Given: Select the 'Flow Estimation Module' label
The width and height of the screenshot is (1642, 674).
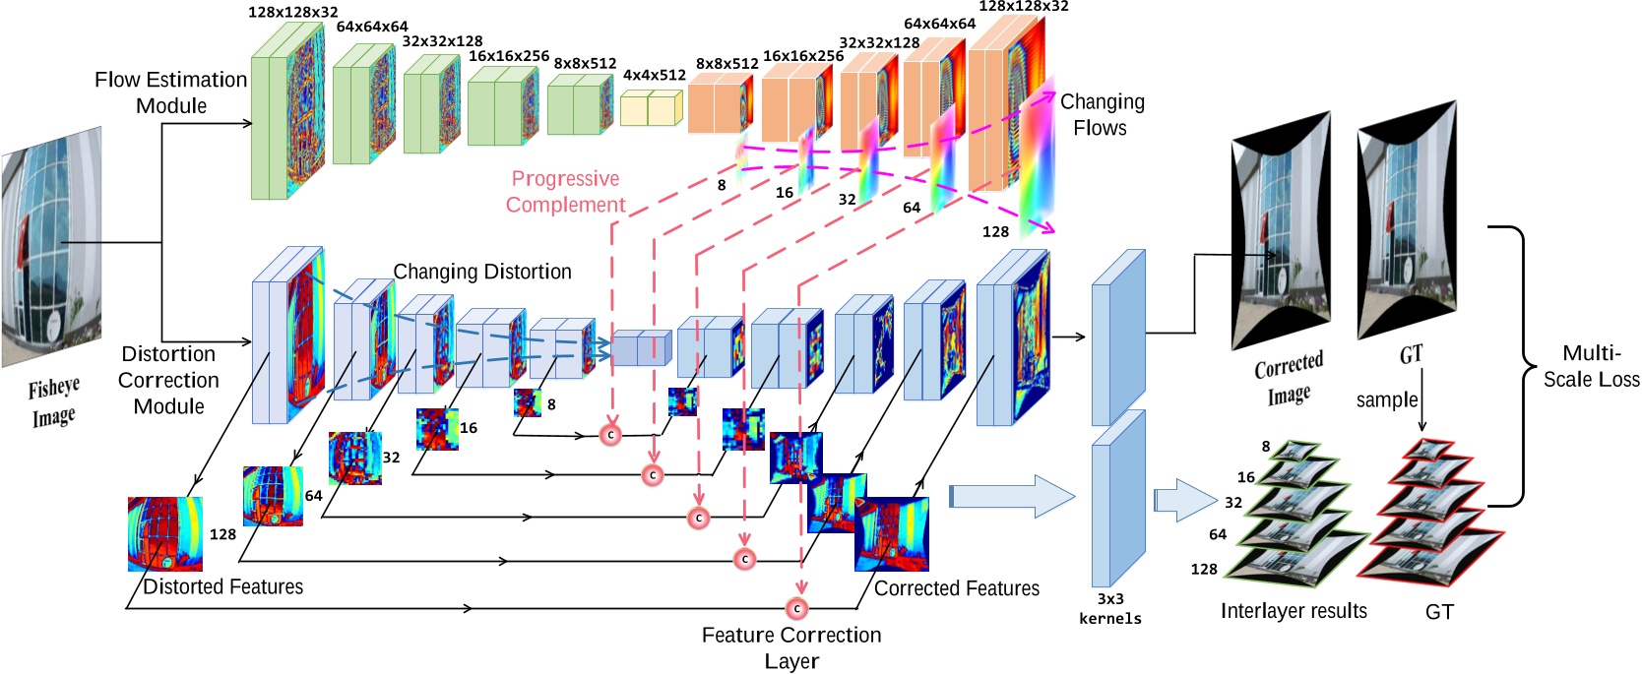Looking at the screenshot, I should (170, 92).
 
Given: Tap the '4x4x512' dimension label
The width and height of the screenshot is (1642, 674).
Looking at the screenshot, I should (654, 75).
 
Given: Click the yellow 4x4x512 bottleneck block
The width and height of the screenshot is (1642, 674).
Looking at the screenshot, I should (651, 108).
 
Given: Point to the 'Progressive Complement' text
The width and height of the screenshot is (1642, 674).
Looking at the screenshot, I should (565, 192).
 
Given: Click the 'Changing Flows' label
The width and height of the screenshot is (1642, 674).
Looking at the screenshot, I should (1102, 114).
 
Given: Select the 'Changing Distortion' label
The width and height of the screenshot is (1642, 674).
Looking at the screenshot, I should (482, 272).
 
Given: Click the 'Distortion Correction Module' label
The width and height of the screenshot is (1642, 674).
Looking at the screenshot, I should (168, 380).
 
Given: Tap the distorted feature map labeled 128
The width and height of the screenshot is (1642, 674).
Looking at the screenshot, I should (164, 534).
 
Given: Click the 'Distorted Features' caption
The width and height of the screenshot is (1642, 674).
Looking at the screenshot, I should (222, 586).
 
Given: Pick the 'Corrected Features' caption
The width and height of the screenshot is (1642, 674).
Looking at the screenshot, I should (956, 588).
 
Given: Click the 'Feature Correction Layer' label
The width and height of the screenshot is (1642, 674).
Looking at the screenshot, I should (791, 647).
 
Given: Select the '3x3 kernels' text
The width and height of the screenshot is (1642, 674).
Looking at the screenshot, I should (1109, 608).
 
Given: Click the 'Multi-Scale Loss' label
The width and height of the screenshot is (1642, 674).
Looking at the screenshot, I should (1591, 366).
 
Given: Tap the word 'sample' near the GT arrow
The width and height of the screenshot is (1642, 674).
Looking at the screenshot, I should (1386, 399).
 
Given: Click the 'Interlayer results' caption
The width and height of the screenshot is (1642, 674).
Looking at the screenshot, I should (1294, 611).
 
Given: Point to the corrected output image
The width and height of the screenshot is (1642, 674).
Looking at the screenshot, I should (1281, 231).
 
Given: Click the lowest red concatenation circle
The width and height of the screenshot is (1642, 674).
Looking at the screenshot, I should (796, 608).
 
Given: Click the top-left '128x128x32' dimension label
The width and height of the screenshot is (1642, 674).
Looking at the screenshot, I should (293, 12).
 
